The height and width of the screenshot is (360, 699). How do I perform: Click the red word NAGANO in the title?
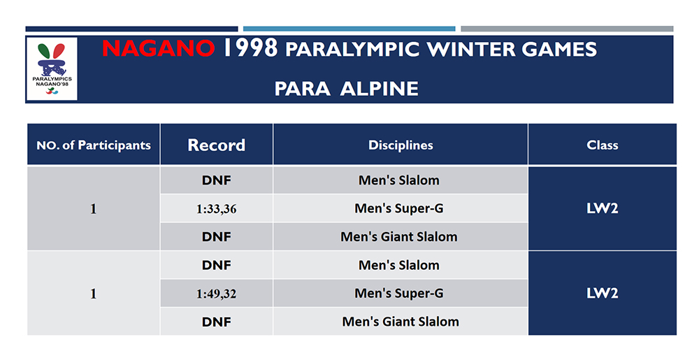click(159, 49)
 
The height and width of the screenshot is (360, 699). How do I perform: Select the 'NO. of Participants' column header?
click(94, 145)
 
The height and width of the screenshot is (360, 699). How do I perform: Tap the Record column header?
click(216, 145)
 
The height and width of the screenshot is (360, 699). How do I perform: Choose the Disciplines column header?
click(401, 145)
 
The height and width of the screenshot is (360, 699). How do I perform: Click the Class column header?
click(602, 145)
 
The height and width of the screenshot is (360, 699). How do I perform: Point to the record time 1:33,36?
click(216, 209)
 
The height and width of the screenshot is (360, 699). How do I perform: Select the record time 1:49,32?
click(216, 294)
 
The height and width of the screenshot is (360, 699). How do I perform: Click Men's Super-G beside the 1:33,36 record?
click(399, 208)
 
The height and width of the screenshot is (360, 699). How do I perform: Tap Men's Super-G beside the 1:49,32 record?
click(399, 294)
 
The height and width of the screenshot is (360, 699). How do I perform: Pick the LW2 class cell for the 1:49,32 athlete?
click(602, 294)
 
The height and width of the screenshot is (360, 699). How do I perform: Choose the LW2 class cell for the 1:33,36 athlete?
click(602, 208)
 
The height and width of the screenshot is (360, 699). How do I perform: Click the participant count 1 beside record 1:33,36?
click(94, 208)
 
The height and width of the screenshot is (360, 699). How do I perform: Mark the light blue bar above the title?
click(349, 29)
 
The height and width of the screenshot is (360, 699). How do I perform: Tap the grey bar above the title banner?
click(567, 29)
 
